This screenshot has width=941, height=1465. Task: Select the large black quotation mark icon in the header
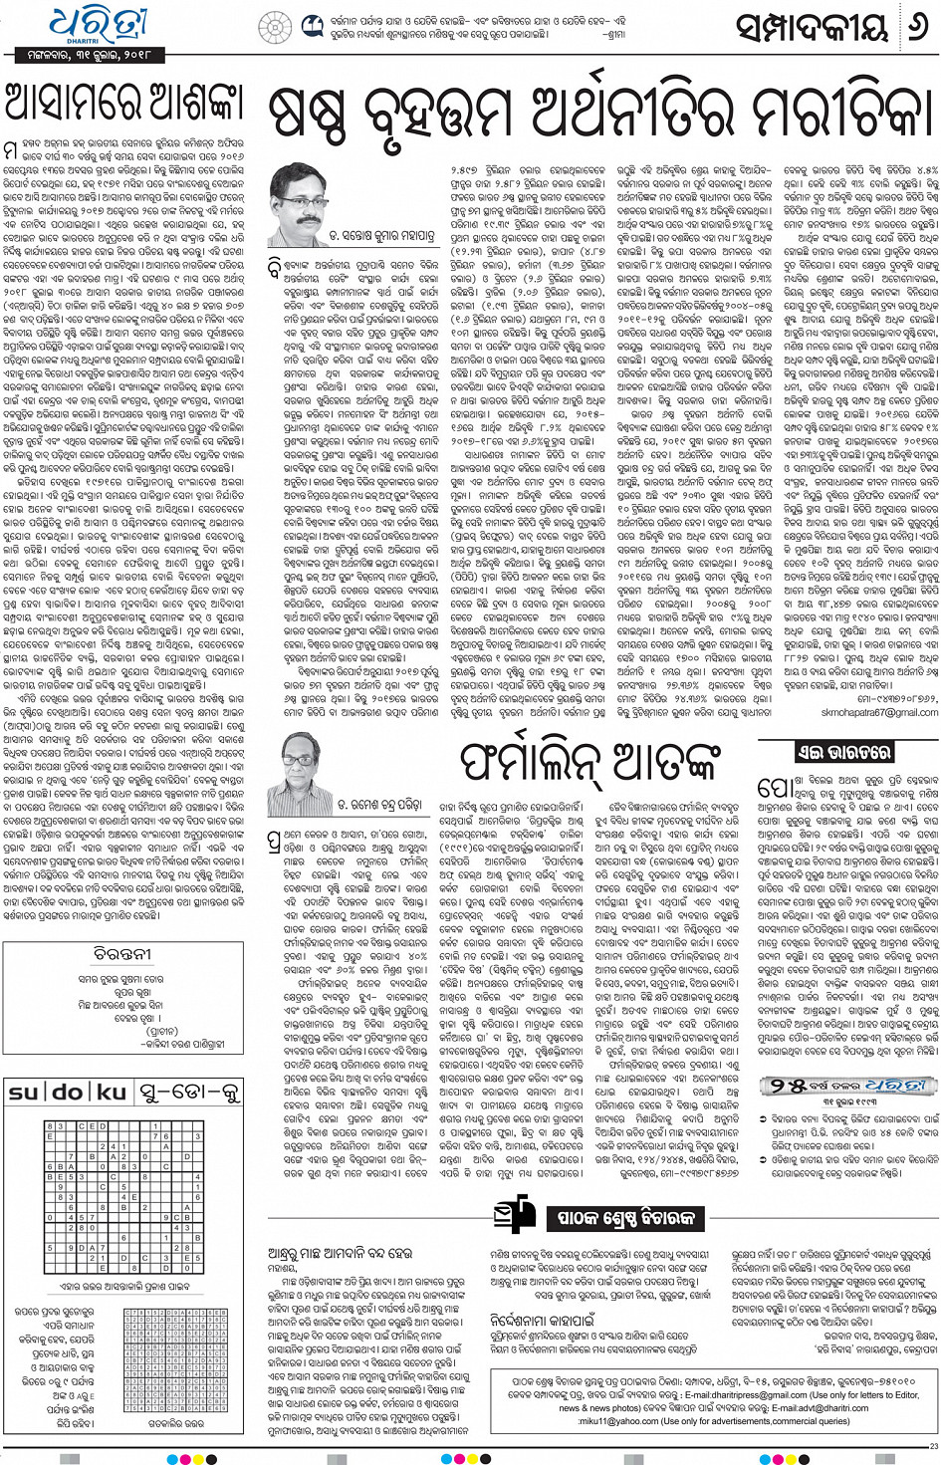tap(312, 25)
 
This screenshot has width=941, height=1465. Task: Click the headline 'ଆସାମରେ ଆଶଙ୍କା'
tap(123, 104)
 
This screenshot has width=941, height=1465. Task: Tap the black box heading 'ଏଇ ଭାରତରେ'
tap(842, 753)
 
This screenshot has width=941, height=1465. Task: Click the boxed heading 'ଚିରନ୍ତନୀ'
tap(122, 953)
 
